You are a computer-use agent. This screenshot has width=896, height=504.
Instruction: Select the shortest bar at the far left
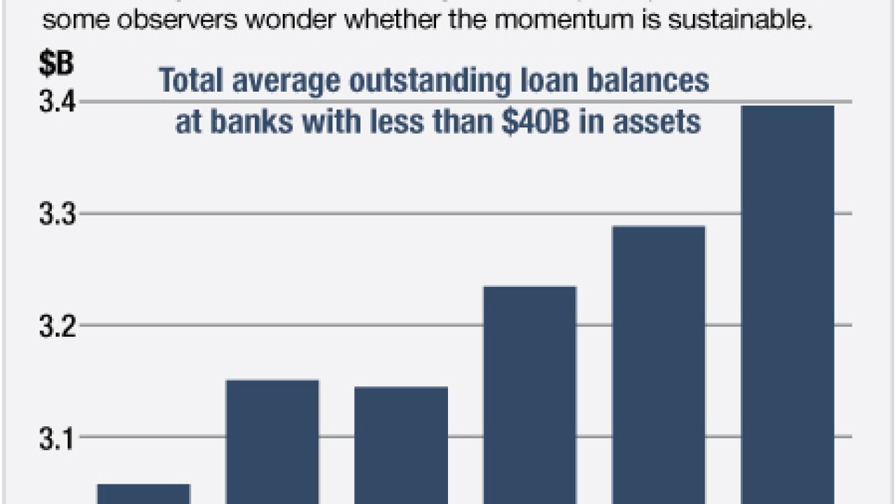coord(143,493)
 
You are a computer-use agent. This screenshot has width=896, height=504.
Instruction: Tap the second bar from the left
coord(272,441)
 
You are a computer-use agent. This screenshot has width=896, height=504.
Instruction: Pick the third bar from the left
coord(401,444)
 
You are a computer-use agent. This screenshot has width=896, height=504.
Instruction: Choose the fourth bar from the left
coord(530,395)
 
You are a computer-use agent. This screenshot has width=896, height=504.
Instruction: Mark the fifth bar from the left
coord(659,364)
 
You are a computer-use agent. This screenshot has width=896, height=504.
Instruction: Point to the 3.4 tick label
coord(55,102)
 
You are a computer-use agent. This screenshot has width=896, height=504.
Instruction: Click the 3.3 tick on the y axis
coord(55,213)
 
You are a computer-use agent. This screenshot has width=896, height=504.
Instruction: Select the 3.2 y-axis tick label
coord(55,325)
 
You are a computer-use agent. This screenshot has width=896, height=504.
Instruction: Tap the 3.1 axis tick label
coord(55,437)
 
